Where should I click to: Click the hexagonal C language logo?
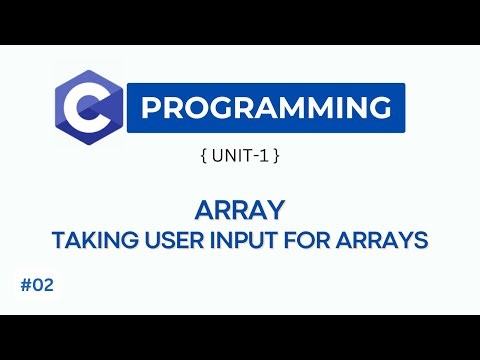90,107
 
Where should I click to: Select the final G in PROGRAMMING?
381,107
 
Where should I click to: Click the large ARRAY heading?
240,211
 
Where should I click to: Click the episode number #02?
35,285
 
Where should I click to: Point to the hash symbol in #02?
23,285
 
